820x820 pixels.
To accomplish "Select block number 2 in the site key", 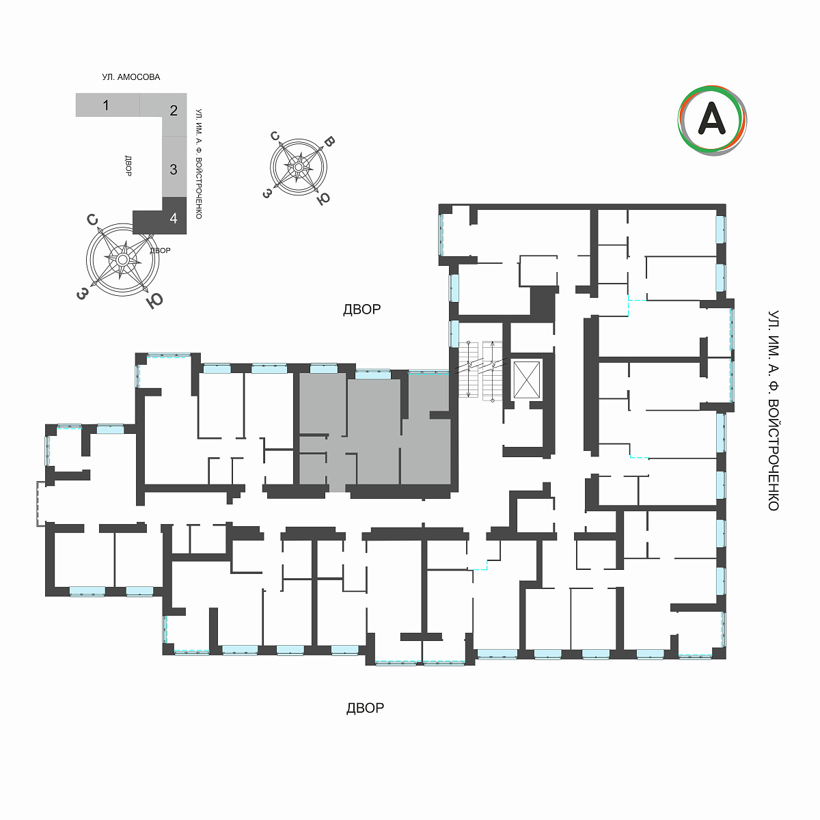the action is click(174, 111).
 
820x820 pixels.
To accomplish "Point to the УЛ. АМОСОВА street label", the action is click(131, 77).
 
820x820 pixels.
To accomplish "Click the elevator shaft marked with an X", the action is click(527, 380).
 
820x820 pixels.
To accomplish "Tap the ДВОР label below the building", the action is click(365, 708).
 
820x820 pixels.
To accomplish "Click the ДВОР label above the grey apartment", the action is click(361, 310).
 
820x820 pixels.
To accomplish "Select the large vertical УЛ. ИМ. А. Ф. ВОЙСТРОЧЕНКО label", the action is click(773, 411).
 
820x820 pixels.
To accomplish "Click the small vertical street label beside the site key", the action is click(198, 164).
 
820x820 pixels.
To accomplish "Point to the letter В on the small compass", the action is click(329, 141).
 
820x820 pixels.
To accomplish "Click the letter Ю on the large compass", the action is click(154, 301).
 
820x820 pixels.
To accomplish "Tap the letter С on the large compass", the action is click(92, 219).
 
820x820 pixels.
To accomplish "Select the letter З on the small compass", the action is click(266, 193).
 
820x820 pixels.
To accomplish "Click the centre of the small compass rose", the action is click(299, 167).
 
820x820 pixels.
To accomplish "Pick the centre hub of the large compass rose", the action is click(122, 259).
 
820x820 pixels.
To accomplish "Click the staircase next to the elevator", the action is click(480, 370).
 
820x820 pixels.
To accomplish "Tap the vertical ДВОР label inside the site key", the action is click(128, 166).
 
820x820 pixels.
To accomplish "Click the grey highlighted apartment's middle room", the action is click(374, 430).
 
